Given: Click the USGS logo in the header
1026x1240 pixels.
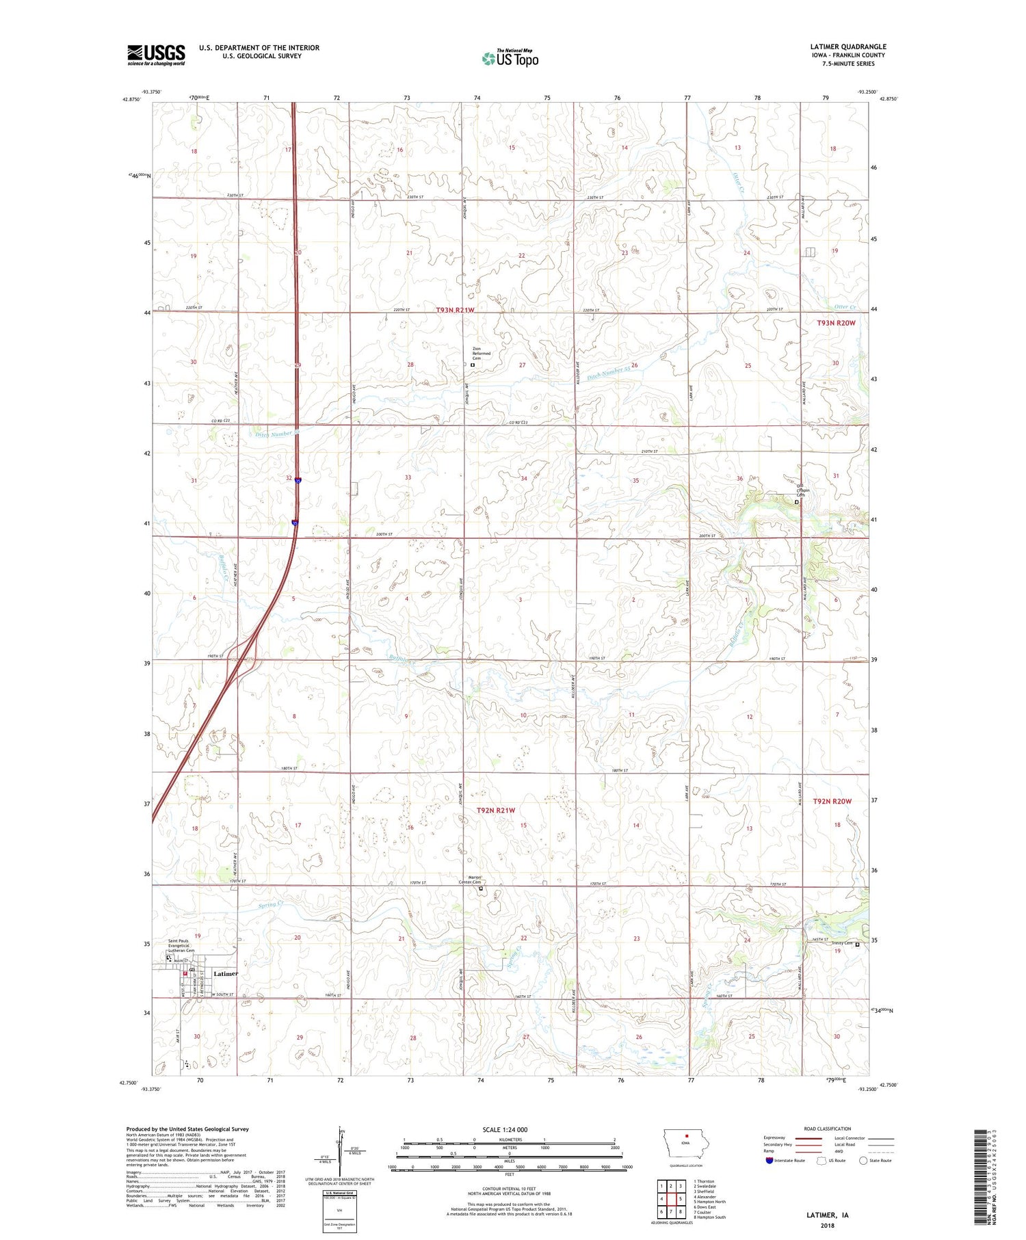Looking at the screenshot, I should (156, 55).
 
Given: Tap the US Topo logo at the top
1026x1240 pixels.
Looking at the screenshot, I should (510, 58).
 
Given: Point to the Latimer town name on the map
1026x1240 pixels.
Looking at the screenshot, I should (226, 973).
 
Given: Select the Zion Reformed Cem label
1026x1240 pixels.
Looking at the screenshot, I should (482, 353).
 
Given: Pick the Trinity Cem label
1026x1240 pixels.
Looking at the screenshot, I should (841, 944).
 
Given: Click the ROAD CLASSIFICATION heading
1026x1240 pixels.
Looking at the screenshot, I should (828, 1129).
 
